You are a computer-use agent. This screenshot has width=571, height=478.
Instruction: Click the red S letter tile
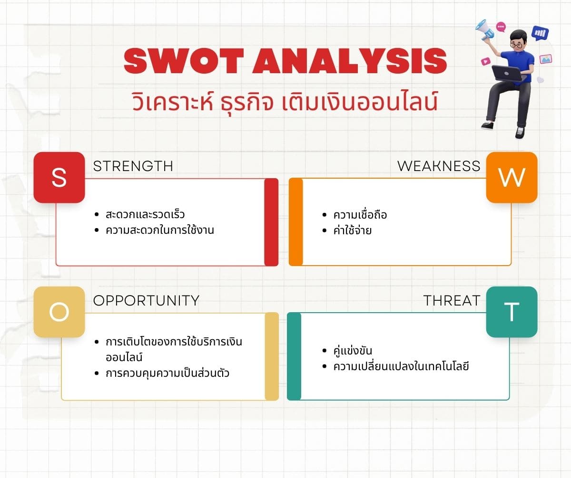(x=59, y=177)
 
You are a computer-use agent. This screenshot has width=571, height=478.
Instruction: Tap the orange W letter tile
(x=512, y=177)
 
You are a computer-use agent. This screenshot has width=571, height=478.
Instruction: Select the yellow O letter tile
(x=59, y=312)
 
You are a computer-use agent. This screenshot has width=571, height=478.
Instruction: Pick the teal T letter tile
(x=512, y=312)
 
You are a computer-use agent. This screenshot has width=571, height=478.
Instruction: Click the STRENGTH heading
(x=133, y=166)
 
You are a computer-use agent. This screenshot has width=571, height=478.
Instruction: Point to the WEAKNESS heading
(x=439, y=166)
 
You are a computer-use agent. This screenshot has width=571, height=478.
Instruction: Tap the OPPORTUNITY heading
(x=146, y=300)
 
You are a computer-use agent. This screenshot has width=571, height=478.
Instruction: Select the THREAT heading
(x=452, y=300)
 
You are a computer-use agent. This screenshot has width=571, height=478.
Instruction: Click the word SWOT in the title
(x=184, y=61)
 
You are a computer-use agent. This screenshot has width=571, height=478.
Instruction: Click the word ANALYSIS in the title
(x=349, y=61)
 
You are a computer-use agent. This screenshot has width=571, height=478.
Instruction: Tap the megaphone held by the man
(x=484, y=30)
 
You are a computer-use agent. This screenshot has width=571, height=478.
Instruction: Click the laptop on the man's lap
(x=508, y=73)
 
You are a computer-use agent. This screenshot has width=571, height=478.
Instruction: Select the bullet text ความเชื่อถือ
(x=360, y=215)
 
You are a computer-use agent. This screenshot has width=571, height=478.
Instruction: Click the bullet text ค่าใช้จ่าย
(x=352, y=230)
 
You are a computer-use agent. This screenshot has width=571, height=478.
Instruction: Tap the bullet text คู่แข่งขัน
(x=353, y=351)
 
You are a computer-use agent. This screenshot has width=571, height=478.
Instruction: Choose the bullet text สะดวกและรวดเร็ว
(x=145, y=214)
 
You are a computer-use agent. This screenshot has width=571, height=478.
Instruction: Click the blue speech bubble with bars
(x=540, y=33)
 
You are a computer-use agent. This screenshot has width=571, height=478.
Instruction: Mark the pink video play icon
(x=486, y=61)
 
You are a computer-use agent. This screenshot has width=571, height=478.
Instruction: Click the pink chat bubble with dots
(x=501, y=27)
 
